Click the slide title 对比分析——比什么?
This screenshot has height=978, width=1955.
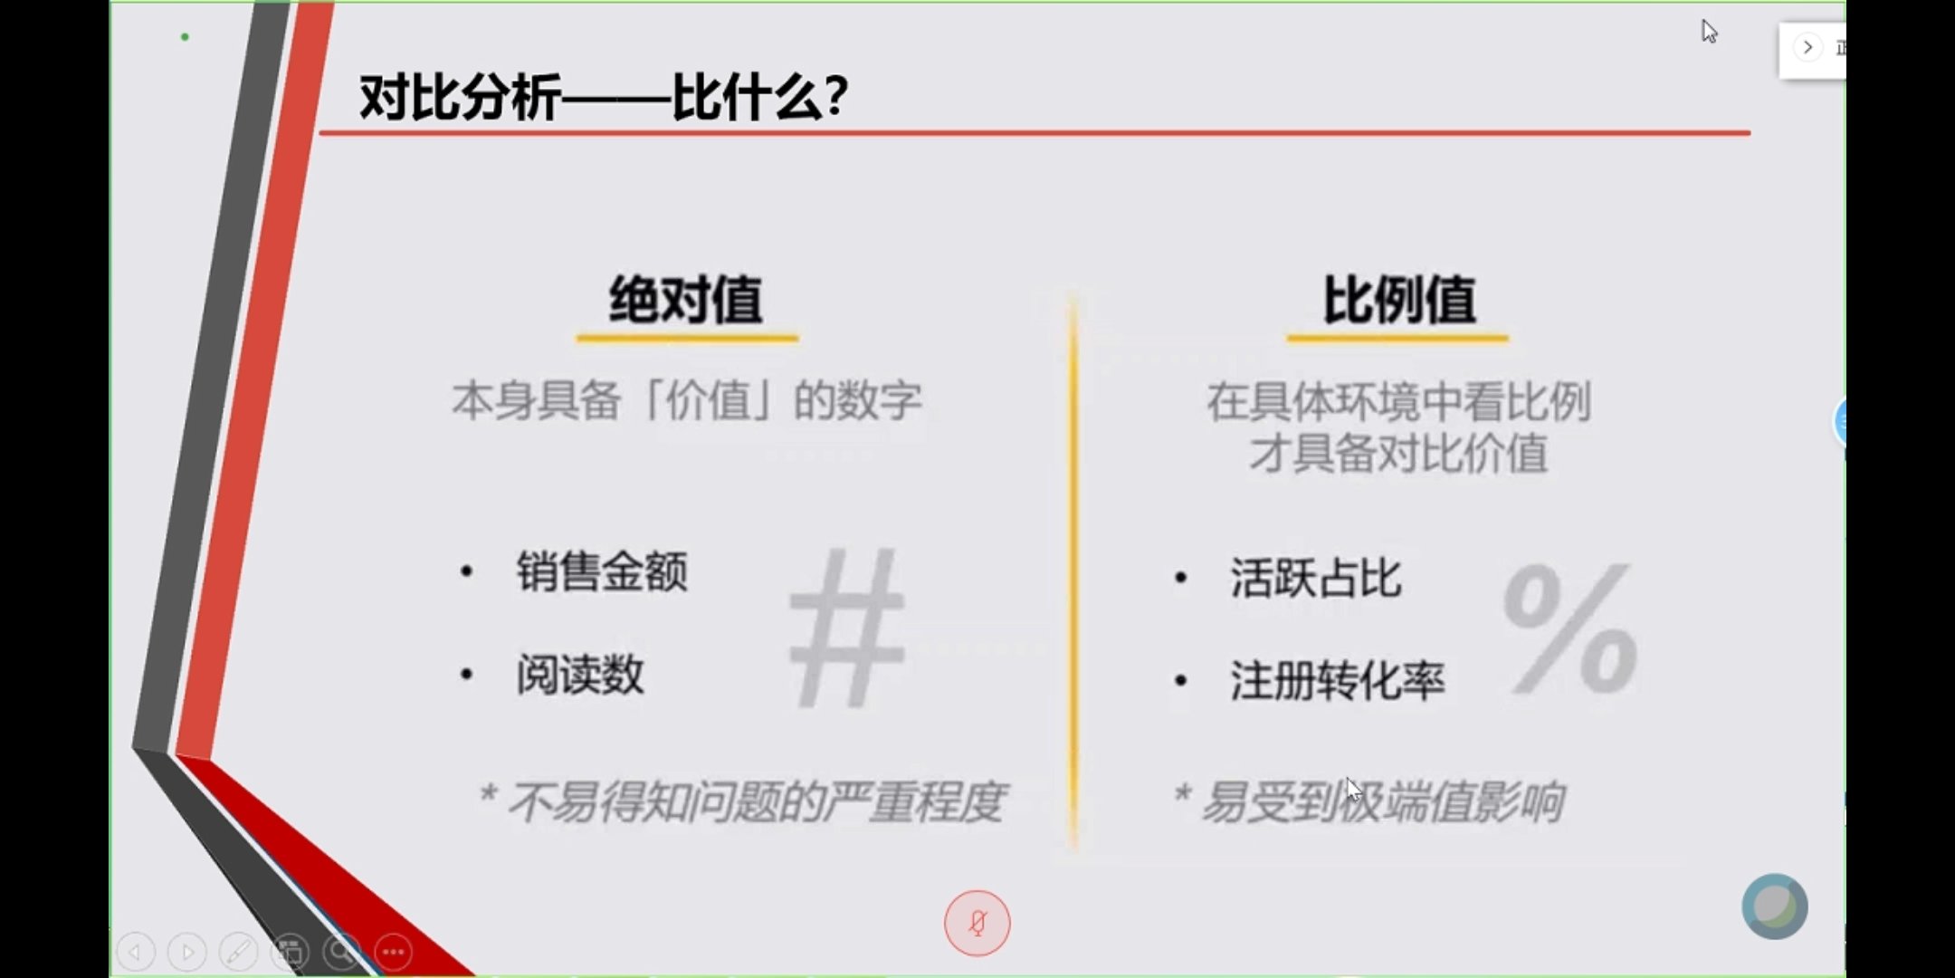click(604, 97)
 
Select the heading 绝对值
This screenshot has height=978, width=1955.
click(686, 300)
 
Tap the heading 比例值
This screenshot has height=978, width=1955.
click(1399, 300)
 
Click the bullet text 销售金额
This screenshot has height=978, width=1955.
click(602, 571)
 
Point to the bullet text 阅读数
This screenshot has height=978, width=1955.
click(580, 675)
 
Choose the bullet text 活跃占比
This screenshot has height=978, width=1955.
click(1316, 578)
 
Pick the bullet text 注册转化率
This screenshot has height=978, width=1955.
click(1338, 681)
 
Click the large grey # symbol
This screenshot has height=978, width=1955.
click(847, 627)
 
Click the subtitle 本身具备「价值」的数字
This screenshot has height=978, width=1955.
click(687, 400)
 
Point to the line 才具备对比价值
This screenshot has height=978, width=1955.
click(1398, 453)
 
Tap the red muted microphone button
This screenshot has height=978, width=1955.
click(977, 923)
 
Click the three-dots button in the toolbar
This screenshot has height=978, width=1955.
click(394, 952)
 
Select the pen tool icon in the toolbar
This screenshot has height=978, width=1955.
click(239, 952)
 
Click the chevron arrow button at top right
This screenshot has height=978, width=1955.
click(1807, 47)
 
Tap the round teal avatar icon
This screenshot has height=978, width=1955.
click(1775, 906)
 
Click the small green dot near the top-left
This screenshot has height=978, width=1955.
click(185, 37)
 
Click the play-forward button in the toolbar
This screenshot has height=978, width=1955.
click(187, 952)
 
